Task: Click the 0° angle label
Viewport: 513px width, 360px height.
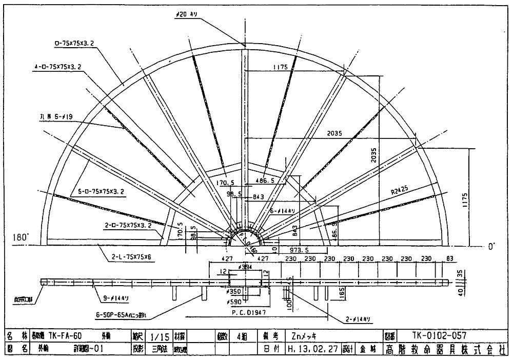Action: coord(491,247)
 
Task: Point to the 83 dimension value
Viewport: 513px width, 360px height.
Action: coord(450,258)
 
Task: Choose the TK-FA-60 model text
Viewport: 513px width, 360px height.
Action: coord(64,336)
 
